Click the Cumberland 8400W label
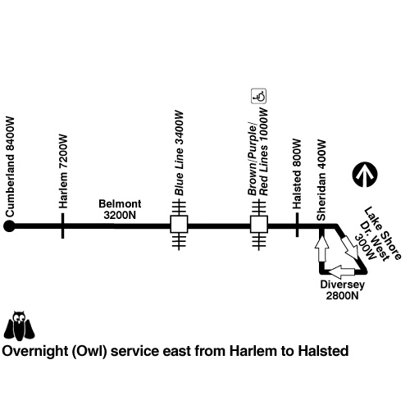click(x=10, y=167)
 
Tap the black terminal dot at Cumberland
click(x=9, y=226)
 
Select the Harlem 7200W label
click(x=63, y=171)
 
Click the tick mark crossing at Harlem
click(x=63, y=226)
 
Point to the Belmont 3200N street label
click(x=120, y=209)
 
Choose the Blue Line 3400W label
click(x=179, y=153)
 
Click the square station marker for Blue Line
click(x=179, y=224)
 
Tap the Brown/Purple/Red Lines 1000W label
click(x=257, y=152)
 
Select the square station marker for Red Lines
click(x=259, y=224)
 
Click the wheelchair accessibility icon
click(x=258, y=96)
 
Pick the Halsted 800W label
click(x=297, y=174)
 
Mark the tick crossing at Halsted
click(x=297, y=225)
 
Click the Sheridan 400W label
click(x=321, y=180)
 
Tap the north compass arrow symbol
click(x=365, y=175)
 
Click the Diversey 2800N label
click(x=342, y=290)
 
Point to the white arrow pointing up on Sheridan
click(x=321, y=248)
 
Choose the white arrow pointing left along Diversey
click(x=342, y=271)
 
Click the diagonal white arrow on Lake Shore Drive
click(x=348, y=247)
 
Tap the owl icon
click(x=19, y=326)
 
